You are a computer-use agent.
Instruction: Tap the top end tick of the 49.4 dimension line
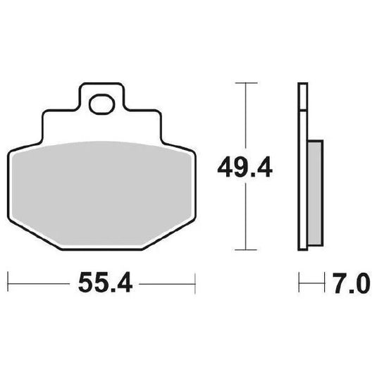(244, 83)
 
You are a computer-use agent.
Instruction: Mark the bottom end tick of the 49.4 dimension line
(244, 249)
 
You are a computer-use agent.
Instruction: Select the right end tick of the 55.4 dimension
(194, 285)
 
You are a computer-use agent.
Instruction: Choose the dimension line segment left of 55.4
(39, 285)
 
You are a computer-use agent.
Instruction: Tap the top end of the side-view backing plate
(303, 86)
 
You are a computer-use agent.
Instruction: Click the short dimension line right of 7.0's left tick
(310, 285)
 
